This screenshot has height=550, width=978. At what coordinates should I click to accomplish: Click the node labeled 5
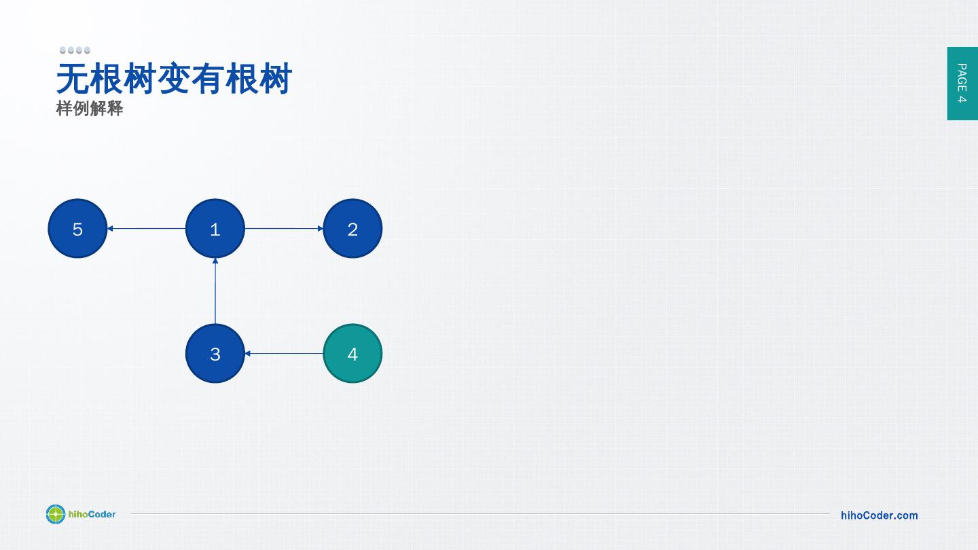[77, 229]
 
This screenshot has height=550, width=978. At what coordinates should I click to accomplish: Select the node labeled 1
[215, 229]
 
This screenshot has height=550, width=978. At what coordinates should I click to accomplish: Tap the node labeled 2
[352, 229]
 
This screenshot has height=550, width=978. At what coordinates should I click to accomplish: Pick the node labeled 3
[215, 354]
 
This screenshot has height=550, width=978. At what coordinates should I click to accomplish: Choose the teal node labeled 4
[352, 354]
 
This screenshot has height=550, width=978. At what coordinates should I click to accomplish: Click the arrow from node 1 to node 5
[146, 229]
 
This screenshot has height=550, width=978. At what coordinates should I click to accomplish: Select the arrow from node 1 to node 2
[284, 229]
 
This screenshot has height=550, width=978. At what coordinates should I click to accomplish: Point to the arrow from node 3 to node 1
[215, 291]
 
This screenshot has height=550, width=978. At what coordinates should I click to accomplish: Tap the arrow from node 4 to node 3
[284, 354]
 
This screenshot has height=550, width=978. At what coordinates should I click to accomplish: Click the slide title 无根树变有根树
[174, 79]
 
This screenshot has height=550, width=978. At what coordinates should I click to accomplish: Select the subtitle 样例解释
[90, 109]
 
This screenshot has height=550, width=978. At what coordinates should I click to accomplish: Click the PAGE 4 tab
[962, 83]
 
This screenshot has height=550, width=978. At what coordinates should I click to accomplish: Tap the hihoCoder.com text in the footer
[879, 515]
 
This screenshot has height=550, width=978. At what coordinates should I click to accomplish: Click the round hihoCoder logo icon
[56, 515]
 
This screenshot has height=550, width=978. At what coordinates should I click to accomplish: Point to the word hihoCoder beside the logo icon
[92, 514]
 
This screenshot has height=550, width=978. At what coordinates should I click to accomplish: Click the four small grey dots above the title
[75, 50]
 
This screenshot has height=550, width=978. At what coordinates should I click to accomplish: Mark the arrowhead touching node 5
[110, 229]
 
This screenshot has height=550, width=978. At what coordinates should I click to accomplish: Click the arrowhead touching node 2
[321, 229]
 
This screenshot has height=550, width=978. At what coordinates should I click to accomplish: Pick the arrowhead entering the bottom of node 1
[215, 261]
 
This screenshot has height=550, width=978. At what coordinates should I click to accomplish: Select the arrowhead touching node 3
[248, 354]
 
